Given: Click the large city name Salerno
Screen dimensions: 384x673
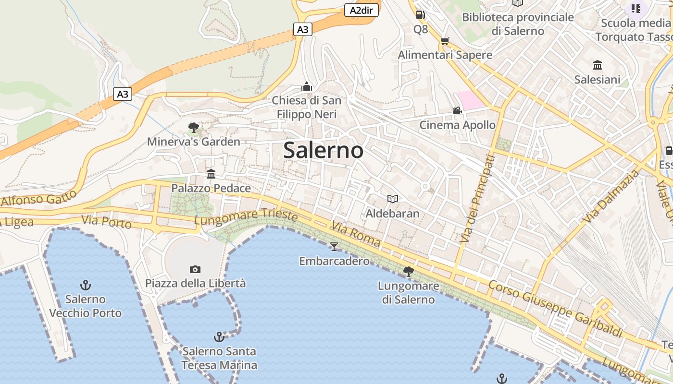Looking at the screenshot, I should click(x=323, y=150).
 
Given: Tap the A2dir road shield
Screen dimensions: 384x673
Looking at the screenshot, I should click(x=361, y=10).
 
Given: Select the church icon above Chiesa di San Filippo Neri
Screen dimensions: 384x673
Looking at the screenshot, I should click(x=306, y=87).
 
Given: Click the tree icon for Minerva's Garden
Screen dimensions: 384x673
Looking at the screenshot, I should click(x=194, y=128).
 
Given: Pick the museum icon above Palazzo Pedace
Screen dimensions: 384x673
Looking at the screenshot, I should click(x=211, y=174).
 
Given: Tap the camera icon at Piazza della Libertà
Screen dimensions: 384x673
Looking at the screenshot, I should click(x=195, y=269).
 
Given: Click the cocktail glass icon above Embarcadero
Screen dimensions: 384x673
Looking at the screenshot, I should click(x=334, y=247).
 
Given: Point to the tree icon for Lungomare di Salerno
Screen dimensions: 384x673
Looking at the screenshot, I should click(x=408, y=272).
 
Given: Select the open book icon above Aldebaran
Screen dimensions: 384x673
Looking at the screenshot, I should click(x=393, y=199).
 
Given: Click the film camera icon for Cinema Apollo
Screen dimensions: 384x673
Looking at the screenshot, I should click(x=457, y=111).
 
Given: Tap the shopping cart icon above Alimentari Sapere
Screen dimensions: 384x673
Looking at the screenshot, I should click(x=445, y=41).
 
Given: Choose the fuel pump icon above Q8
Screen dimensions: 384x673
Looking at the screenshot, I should click(x=420, y=15).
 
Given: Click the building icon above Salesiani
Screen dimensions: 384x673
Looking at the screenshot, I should click(x=598, y=65).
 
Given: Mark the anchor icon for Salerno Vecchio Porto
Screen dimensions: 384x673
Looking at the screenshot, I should click(x=86, y=285).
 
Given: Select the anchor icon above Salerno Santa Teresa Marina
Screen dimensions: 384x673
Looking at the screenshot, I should click(x=219, y=337).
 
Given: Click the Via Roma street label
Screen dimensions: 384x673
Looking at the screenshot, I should click(x=356, y=234).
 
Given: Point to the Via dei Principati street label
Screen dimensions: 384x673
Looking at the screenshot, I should click(x=477, y=198).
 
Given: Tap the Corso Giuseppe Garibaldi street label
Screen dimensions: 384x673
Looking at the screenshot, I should click(x=555, y=309).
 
